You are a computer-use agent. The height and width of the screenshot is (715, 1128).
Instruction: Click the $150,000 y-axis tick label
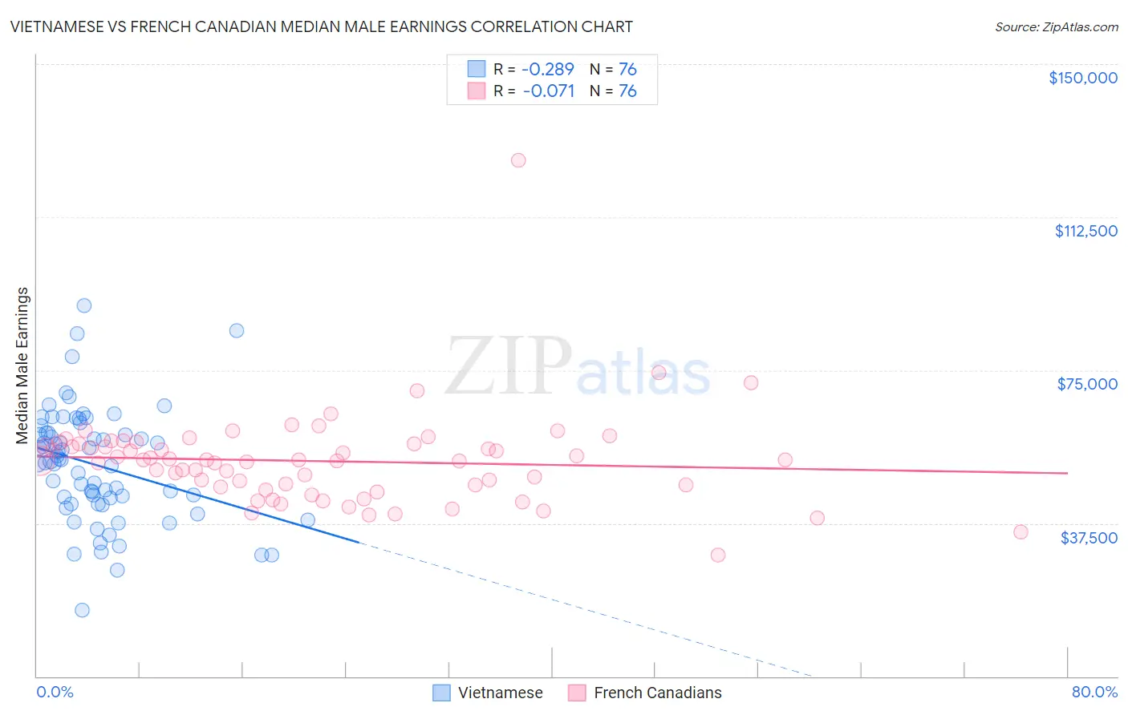click(x=1082, y=78)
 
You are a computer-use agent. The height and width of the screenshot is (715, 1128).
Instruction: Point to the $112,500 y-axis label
click(x=1085, y=231)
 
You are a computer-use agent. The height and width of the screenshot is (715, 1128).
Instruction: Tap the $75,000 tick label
click(x=1087, y=384)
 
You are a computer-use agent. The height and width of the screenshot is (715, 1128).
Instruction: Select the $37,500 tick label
click(x=1089, y=538)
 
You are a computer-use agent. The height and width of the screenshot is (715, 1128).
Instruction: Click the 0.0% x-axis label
click(x=55, y=692)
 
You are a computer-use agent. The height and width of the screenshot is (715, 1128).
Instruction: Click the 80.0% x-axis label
click(x=1094, y=692)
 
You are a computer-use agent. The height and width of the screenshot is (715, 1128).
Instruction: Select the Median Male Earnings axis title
click(x=22, y=366)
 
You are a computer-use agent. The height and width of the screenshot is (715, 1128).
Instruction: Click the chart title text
click(x=321, y=26)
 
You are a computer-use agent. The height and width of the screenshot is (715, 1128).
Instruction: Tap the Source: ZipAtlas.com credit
click(x=1056, y=26)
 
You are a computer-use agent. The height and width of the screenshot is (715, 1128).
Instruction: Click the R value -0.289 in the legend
click(x=548, y=69)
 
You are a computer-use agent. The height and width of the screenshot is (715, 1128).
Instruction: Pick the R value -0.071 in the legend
click(x=548, y=91)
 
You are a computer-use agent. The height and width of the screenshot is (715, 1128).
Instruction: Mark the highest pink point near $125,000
click(x=518, y=160)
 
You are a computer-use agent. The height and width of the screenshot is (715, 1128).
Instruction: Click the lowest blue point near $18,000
click(x=82, y=610)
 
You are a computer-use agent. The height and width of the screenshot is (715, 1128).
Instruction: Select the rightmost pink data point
click(x=1020, y=532)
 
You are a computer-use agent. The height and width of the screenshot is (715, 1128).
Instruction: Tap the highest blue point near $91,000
click(x=83, y=305)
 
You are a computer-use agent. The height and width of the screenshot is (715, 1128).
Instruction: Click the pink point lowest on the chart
click(x=718, y=555)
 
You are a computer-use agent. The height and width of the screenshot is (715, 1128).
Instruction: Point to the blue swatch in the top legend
click(x=477, y=69)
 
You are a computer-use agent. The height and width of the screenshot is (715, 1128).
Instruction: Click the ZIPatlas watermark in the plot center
click(x=578, y=366)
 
